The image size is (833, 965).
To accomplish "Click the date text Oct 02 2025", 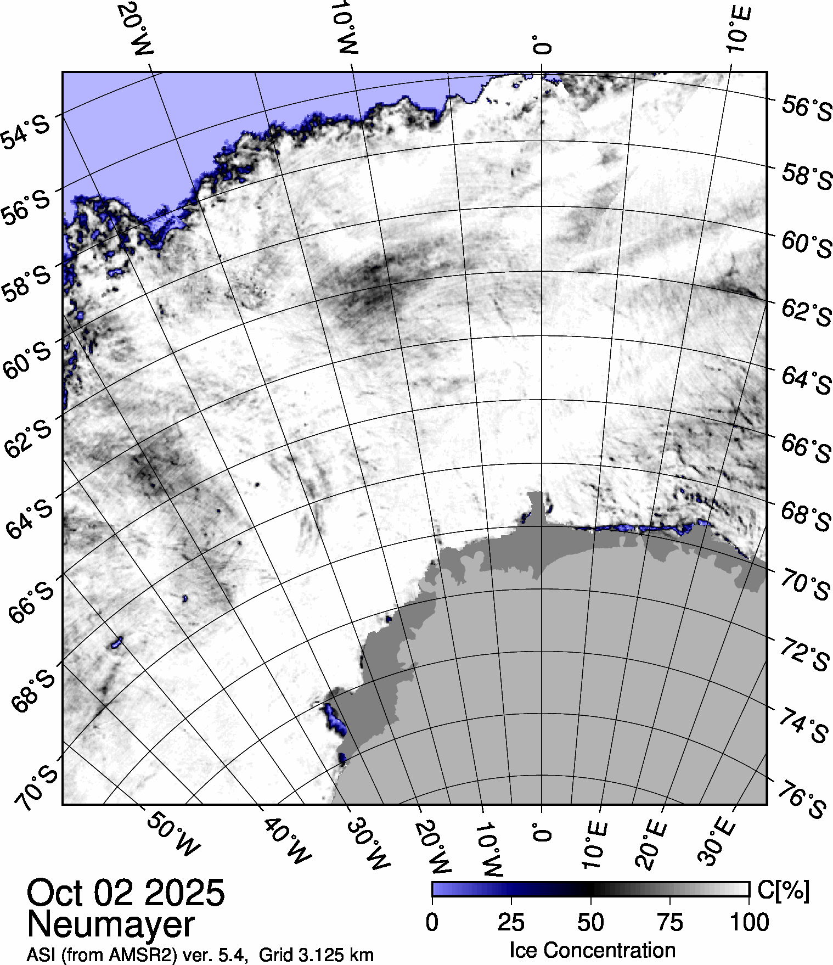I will pos(126,893).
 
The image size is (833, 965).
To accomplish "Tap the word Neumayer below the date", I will pos(110,924).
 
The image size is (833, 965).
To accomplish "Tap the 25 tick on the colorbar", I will pos(511,922).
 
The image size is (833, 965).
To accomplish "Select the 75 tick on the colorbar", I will pos(669,922).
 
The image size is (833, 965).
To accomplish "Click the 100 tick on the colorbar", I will pos(750,922).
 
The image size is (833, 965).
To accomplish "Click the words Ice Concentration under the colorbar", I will pos(592,950).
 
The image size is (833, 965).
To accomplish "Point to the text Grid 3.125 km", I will pos(316,955).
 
